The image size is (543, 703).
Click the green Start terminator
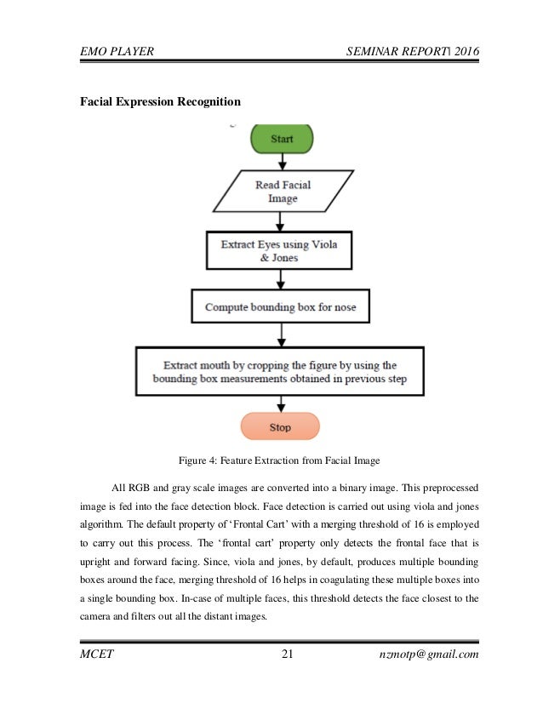(281, 138)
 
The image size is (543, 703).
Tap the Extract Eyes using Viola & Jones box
(280, 250)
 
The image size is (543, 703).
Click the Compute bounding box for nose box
(280, 306)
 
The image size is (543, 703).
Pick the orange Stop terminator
(280, 427)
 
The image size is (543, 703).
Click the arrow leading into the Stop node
(280, 404)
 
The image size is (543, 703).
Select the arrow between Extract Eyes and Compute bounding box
(280, 280)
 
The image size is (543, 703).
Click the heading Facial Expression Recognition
(160, 102)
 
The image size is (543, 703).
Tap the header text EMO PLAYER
(117, 53)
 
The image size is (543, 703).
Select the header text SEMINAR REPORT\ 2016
(414, 53)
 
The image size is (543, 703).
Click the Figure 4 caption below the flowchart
(282, 461)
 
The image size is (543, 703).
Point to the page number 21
(286, 654)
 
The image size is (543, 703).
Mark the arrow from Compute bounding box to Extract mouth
(280, 334)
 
